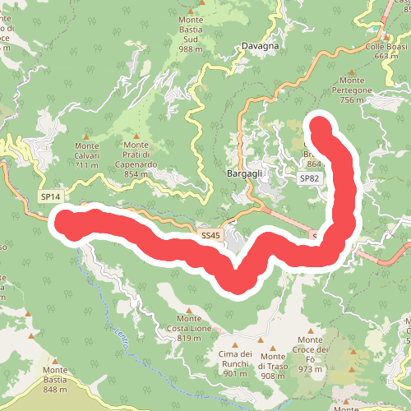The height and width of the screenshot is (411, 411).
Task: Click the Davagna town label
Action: point(260,46)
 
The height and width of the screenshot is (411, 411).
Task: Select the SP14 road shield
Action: point(50,197)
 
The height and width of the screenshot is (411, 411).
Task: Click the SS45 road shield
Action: point(210,235)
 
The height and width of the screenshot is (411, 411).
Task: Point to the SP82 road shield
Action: point(309,178)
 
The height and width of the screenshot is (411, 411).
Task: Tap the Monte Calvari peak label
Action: point(86,155)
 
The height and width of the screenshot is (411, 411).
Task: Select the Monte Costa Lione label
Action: point(189,328)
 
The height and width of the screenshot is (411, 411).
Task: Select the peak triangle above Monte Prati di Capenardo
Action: point(136,136)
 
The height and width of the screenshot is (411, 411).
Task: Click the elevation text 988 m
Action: point(191,49)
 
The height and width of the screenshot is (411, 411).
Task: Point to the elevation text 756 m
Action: point(351,99)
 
